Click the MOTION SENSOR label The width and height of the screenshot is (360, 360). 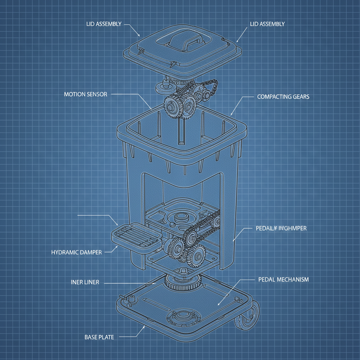tap(85, 95)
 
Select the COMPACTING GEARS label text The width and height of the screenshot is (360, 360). tap(283, 97)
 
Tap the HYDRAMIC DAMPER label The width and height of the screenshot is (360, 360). tap(76, 252)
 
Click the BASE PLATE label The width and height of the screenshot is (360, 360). tap(99, 337)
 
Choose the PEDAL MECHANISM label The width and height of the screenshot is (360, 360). tap(283, 279)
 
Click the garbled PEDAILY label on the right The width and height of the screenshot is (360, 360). tap(281, 228)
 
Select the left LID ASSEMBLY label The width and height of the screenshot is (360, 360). tap(104, 24)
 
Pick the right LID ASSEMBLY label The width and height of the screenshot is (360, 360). tap(267, 24)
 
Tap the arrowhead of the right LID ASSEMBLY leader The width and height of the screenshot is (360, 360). tap(237, 41)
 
